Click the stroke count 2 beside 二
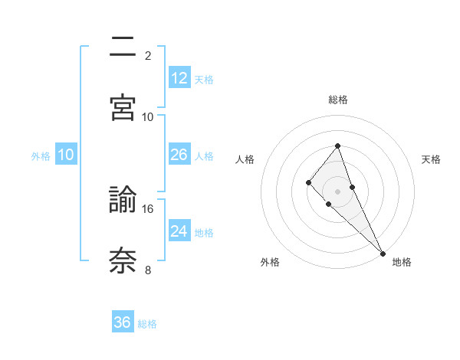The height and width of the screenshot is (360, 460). coord(148,55)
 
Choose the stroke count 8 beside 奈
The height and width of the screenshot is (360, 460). coord(148,270)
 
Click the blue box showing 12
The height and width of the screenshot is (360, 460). coord(179,78)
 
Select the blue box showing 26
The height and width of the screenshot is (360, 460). coord(179,155)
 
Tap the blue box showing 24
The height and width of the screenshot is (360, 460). coord(179,231)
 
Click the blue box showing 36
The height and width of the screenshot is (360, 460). coord(123,322)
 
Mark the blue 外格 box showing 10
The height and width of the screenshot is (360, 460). coord(66,155)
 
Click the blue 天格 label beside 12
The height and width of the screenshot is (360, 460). coord(204,79)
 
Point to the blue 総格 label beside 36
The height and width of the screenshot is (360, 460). coord(147,323)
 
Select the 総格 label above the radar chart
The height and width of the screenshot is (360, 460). coord(337,100)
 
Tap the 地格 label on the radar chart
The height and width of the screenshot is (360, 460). coord(402,262)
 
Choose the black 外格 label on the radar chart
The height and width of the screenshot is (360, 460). coord(270,262)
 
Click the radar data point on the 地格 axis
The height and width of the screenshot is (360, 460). coord(383,253)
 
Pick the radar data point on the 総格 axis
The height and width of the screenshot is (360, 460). coord(337,146)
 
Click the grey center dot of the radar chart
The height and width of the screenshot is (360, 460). coord(337,191)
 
